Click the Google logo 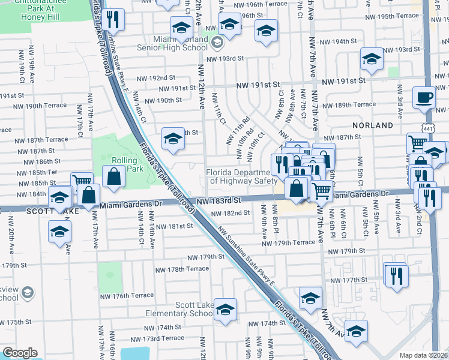pyautogui.click(x=20, y=353)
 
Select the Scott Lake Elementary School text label pyautogui.click(x=193, y=309)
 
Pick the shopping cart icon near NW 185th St pyautogui.click(x=81, y=182)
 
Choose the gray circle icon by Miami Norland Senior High pyautogui.click(x=217, y=43)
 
